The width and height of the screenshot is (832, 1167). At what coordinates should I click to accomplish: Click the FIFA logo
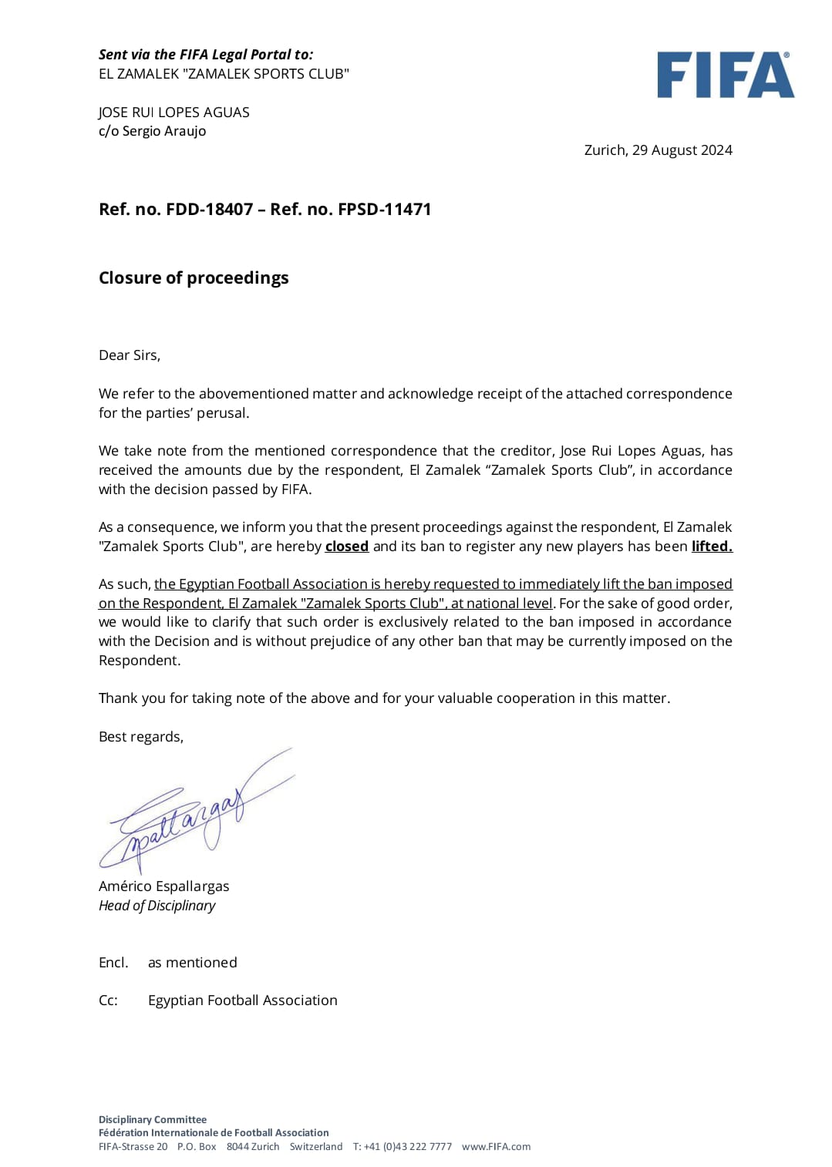[725, 76]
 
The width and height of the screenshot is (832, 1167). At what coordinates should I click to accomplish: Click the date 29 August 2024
[682, 150]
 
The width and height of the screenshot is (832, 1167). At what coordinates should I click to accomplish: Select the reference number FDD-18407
[209, 210]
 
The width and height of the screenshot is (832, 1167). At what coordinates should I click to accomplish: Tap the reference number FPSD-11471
[384, 210]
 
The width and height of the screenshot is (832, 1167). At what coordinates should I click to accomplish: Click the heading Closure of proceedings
[194, 278]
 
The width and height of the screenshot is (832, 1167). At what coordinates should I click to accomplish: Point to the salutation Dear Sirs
[129, 355]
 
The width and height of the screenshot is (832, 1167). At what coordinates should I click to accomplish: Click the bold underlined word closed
[346, 547]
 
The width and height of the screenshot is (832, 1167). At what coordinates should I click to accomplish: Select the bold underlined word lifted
[711, 547]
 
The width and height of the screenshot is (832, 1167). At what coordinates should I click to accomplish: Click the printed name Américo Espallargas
[163, 886]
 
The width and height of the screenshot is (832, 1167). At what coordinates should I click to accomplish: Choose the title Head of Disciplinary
[157, 906]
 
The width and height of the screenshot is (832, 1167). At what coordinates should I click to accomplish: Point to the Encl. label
[113, 963]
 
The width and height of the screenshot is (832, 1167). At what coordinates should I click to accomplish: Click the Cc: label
[108, 1001]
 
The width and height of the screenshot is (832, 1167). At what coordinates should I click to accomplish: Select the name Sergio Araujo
[163, 131]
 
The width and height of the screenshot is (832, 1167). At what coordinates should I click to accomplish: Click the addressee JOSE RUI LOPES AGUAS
[173, 113]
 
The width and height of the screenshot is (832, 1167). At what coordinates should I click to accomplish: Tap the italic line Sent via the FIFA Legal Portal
[205, 55]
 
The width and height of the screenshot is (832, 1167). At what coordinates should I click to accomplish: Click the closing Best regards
[140, 737]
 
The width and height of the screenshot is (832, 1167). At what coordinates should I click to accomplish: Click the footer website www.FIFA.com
[496, 1147]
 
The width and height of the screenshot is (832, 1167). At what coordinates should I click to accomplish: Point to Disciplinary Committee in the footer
[152, 1120]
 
